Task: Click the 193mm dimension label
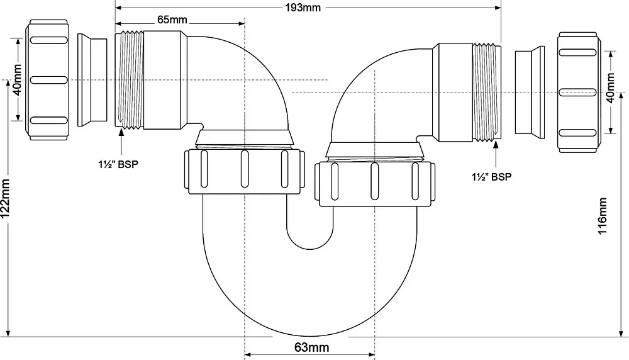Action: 303,8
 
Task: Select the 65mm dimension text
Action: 172,20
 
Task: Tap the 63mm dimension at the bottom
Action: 312,347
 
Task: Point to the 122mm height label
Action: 5,199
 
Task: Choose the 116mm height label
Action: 602,215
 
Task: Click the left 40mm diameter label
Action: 18,80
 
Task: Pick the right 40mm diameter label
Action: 610,88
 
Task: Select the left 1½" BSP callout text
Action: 118,164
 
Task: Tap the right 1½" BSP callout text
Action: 491,177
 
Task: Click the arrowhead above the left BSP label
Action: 121,133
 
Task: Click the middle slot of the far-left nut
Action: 49,81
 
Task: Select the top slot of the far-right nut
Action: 577,53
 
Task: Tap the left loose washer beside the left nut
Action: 92,81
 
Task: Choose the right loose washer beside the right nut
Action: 530,93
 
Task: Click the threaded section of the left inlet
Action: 129,81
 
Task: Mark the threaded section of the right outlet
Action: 487,93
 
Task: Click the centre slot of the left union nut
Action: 244,169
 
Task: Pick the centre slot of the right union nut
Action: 375,181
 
